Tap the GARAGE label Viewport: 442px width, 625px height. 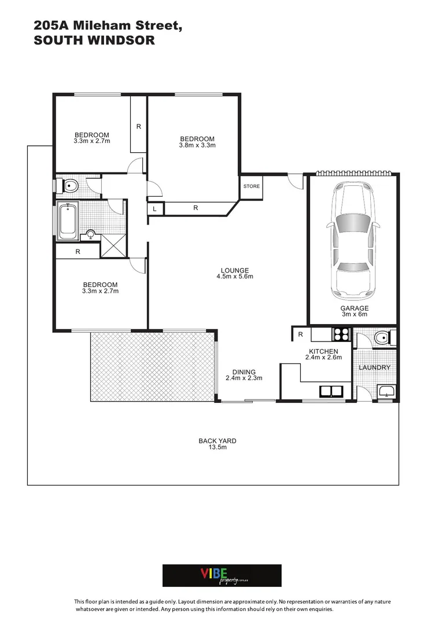click(x=354, y=308)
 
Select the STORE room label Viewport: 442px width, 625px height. click(x=252, y=186)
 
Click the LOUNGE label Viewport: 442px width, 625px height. click(x=234, y=270)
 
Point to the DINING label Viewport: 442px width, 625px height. click(x=244, y=372)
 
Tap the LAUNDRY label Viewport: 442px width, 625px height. click(x=374, y=367)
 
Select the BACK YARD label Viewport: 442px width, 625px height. click(x=217, y=441)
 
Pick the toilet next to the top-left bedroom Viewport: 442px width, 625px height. click(x=70, y=186)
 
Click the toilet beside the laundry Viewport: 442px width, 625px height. click(x=381, y=337)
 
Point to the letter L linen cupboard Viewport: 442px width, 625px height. click(x=155, y=209)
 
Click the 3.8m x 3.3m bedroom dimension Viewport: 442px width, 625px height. click(x=197, y=145)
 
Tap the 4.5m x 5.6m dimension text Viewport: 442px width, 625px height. click(x=234, y=277)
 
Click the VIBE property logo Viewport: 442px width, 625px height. click(x=222, y=575)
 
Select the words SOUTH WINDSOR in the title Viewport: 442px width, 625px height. click(x=94, y=41)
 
